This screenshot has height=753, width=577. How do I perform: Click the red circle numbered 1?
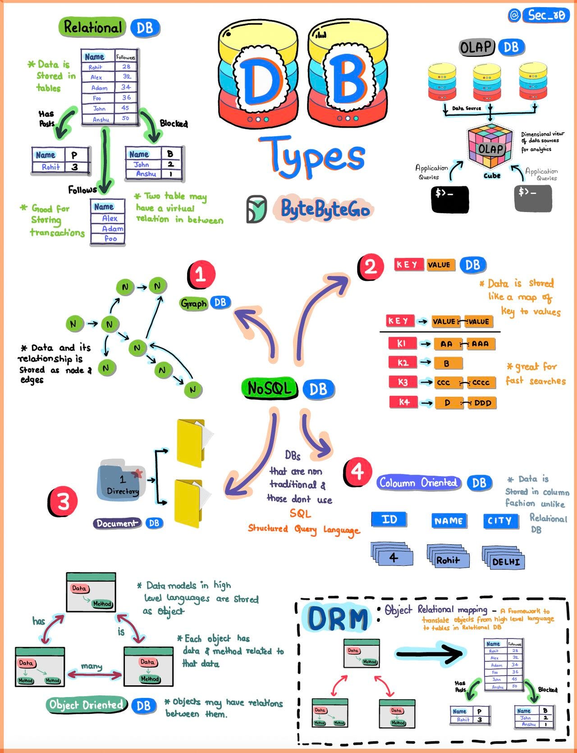201,274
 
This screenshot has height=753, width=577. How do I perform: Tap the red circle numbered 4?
357,472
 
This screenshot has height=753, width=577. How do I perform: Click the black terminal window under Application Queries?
449,199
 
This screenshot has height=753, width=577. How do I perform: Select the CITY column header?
499,521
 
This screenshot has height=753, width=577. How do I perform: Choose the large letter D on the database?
258,81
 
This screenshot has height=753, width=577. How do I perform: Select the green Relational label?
92,28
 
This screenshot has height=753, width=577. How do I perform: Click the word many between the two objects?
92,666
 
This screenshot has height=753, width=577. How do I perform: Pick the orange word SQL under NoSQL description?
300,513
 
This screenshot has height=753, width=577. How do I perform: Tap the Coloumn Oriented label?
418,483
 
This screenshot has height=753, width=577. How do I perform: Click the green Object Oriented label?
86,705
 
